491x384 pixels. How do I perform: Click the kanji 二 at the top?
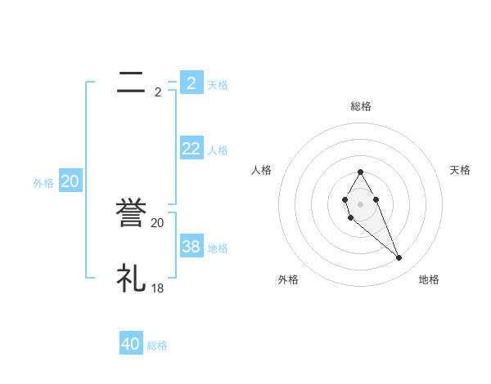click(x=132, y=83)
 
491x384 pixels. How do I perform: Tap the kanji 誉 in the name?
click(x=132, y=214)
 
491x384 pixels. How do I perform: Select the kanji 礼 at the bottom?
click(x=132, y=279)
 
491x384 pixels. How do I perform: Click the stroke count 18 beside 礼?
click(x=158, y=288)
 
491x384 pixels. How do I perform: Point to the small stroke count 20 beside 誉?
click(x=158, y=222)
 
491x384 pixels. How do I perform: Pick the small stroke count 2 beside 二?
click(x=158, y=92)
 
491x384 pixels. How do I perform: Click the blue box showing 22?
click(x=191, y=148)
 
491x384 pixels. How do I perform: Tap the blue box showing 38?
click(x=191, y=247)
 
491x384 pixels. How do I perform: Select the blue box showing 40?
click(x=131, y=344)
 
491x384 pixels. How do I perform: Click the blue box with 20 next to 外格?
click(x=70, y=181)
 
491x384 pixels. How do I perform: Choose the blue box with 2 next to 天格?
click(x=191, y=83)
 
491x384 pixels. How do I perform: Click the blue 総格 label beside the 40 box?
click(x=157, y=346)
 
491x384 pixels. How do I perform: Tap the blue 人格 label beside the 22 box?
click(x=218, y=150)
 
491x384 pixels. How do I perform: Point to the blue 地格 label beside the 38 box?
click(x=218, y=248)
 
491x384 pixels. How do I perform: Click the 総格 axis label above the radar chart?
click(x=361, y=106)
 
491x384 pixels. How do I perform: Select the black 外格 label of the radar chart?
click(x=288, y=279)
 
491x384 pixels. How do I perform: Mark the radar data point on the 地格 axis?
click(x=399, y=258)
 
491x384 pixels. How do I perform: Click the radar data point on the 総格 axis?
click(x=360, y=172)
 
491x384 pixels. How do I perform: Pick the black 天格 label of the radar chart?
click(x=461, y=170)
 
